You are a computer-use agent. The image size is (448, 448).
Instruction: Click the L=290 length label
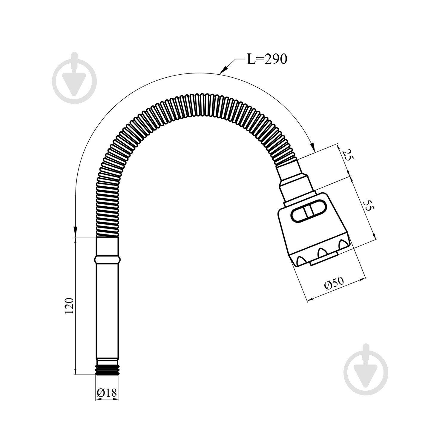[266, 59]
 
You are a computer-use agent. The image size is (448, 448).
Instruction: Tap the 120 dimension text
[68, 306]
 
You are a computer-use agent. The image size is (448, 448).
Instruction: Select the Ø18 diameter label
[107, 392]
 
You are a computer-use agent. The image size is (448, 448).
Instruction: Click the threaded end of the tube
[108, 369]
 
